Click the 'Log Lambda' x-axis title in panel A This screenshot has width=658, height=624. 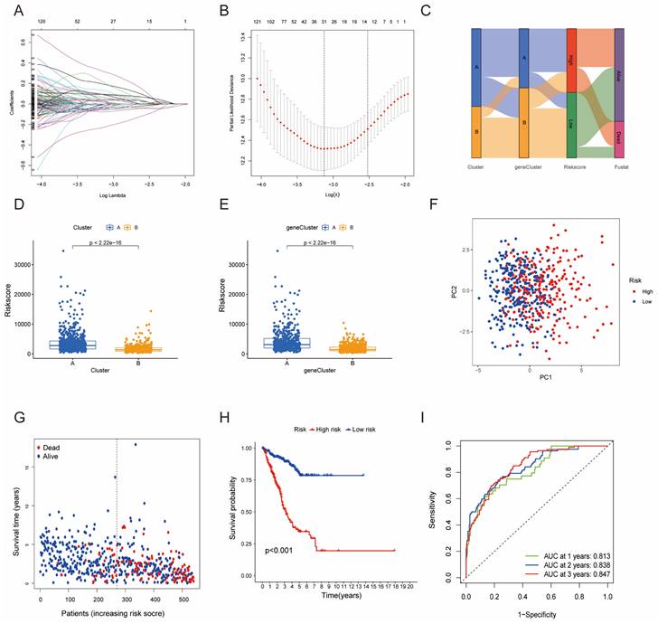click(x=110, y=194)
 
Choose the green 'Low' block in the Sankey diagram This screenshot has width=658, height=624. click(x=571, y=122)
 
